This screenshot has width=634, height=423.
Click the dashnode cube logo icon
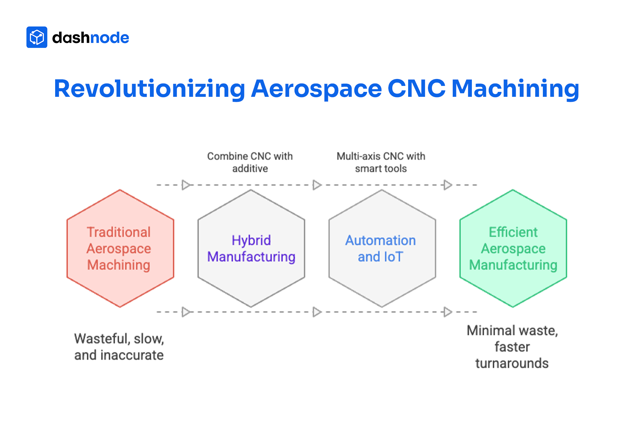tap(37, 37)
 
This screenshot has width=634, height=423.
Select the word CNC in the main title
tap(416, 88)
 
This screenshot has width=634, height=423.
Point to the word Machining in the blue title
tap(515, 89)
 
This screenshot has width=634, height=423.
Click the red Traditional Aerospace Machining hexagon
tap(120, 248)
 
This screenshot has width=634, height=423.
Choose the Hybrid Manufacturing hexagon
tap(251, 248)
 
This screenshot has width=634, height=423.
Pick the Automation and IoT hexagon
tap(382, 248)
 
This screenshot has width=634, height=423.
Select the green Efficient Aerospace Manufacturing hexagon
tap(513, 248)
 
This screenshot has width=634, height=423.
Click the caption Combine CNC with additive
tap(250, 162)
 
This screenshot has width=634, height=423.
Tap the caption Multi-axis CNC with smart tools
tap(381, 162)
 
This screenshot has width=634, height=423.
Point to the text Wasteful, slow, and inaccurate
tap(119, 347)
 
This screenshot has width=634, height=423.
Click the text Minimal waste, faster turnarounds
tap(512, 347)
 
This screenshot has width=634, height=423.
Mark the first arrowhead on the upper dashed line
tap(186, 185)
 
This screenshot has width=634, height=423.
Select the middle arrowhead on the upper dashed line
tap(317, 185)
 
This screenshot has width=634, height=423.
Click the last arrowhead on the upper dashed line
tap(448, 185)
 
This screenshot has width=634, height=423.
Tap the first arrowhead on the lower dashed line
tap(186, 312)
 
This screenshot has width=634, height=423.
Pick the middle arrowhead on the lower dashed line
tap(317, 312)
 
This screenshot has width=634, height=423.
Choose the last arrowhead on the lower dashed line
tap(448, 312)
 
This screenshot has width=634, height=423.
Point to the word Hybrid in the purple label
tap(251, 240)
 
